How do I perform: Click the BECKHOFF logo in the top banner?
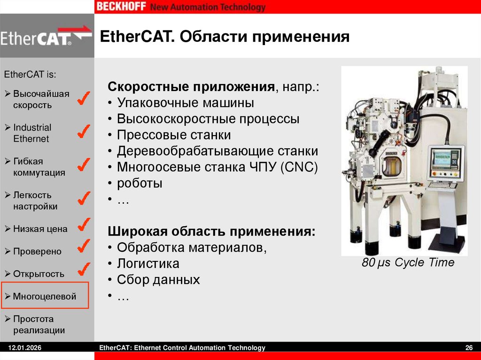tap(122, 7)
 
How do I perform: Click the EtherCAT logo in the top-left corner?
tap(46, 37)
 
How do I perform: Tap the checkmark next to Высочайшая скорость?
tap(83, 99)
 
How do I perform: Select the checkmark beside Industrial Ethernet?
tap(83, 132)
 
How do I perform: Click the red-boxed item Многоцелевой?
tap(45, 296)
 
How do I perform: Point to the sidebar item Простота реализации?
tap(39, 324)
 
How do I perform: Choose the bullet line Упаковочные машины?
tap(186, 103)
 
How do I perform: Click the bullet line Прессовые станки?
tap(174, 135)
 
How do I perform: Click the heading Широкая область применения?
tap(212, 231)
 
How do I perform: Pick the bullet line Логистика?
tap(148, 263)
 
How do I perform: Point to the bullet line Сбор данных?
tap(158, 280)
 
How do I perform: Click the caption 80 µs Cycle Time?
tap(408, 262)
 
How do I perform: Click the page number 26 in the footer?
tap(468, 348)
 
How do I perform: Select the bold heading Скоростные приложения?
tap(191, 87)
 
